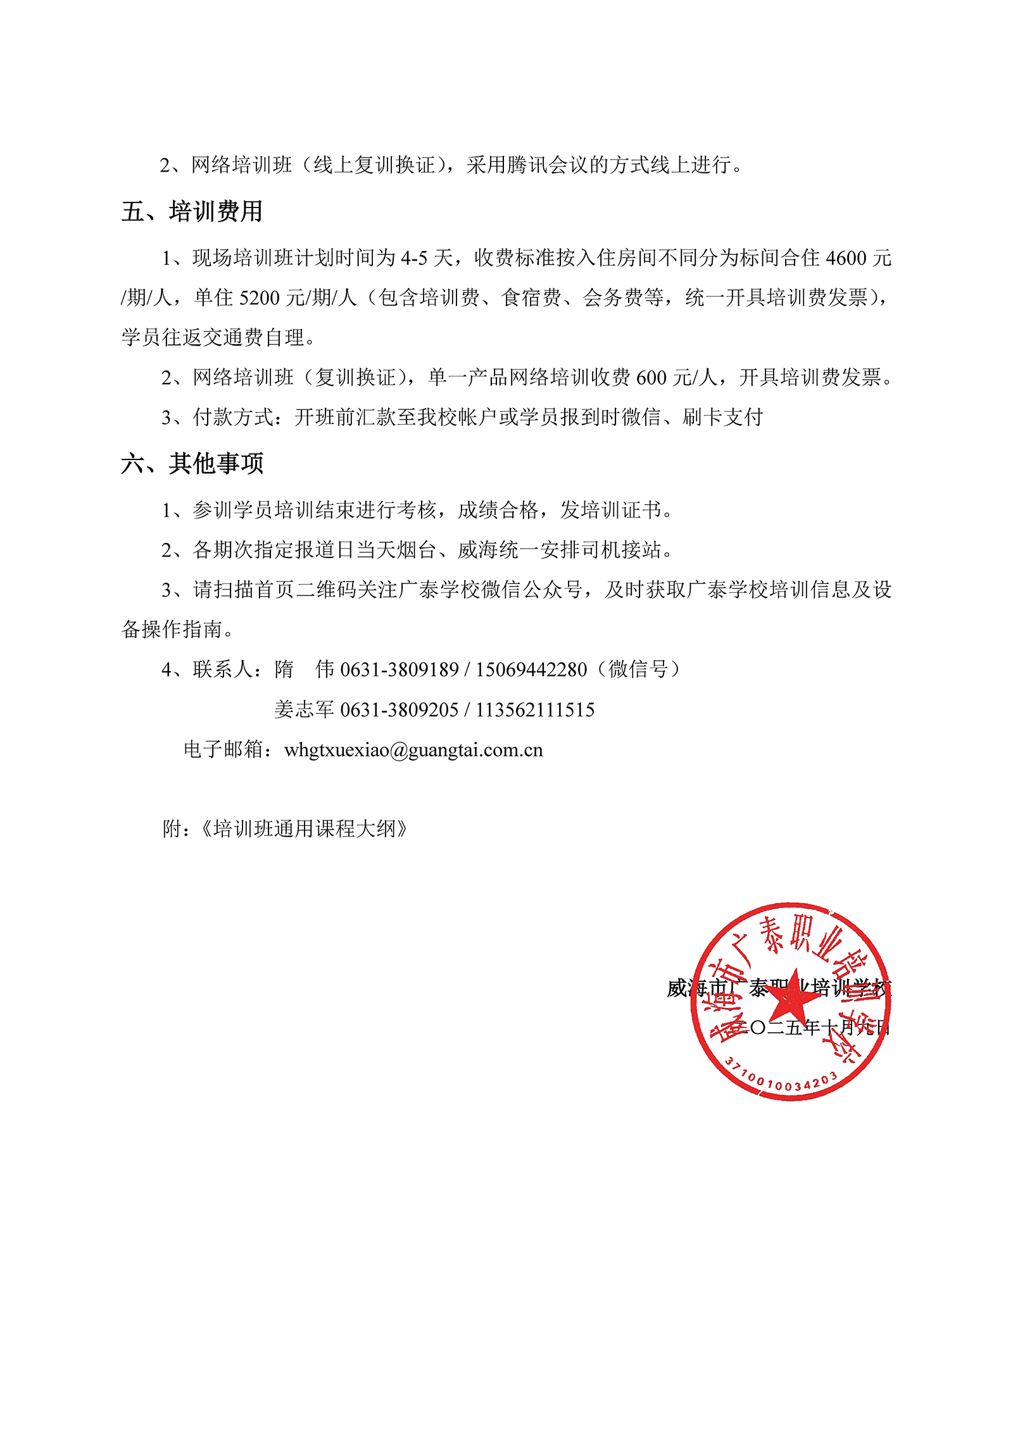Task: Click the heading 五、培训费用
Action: (191, 211)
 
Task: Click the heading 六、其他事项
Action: (191, 463)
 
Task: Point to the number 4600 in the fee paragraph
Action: (846, 258)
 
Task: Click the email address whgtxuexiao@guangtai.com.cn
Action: (413, 750)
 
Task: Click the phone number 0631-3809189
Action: (399, 669)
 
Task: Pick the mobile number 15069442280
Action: (531, 669)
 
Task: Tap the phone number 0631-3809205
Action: (399, 710)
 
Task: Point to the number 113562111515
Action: (535, 710)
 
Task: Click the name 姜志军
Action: (304, 710)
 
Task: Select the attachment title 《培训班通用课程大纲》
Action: (304, 828)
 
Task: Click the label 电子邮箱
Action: (223, 750)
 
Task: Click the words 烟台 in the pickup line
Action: (417, 550)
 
